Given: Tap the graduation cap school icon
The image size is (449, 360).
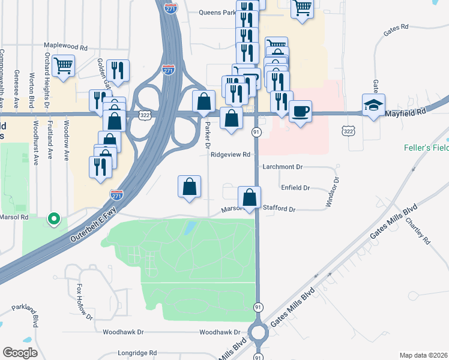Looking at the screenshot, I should [x=373, y=105].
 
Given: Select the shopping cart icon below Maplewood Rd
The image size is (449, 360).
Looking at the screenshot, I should [x=63, y=65].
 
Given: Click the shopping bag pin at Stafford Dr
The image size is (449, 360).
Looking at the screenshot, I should [x=249, y=197].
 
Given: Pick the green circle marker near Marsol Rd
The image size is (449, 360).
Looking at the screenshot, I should [x=54, y=219].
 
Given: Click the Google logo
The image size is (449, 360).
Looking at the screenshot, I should [x=20, y=352].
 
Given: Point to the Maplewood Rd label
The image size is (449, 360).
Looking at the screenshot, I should [x=66, y=46].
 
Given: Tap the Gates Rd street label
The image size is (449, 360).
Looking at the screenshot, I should [x=396, y=27].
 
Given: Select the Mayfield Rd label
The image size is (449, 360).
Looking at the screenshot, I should [x=405, y=112].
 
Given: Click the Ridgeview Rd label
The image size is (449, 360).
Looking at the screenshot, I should [x=230, y=154].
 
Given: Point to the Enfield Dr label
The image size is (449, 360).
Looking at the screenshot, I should [x=295, y=188].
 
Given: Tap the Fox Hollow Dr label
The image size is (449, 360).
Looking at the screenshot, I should [x=83, y=302].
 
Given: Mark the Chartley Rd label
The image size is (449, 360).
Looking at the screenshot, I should [x=418, y=230].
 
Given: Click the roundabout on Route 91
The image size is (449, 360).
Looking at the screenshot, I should [x=259, y=331].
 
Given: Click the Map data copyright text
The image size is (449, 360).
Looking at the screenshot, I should [x=423, y=355].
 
